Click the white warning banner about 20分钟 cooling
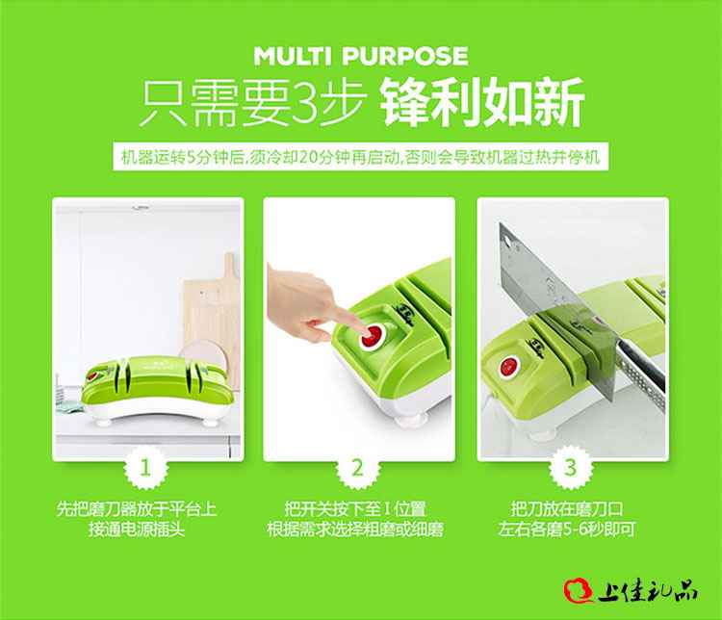tap(361, 157)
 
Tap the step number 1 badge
tap(146, 468)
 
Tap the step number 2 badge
tap(358, 468)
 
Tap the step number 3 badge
tap(571, 468)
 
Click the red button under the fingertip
tap(373, 335)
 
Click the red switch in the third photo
tap(509, 368)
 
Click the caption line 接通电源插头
tap(137, 530)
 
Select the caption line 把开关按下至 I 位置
tap(355, 509)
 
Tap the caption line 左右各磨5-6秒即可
tap(567, 530)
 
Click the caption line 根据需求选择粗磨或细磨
tap(355, 530)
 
